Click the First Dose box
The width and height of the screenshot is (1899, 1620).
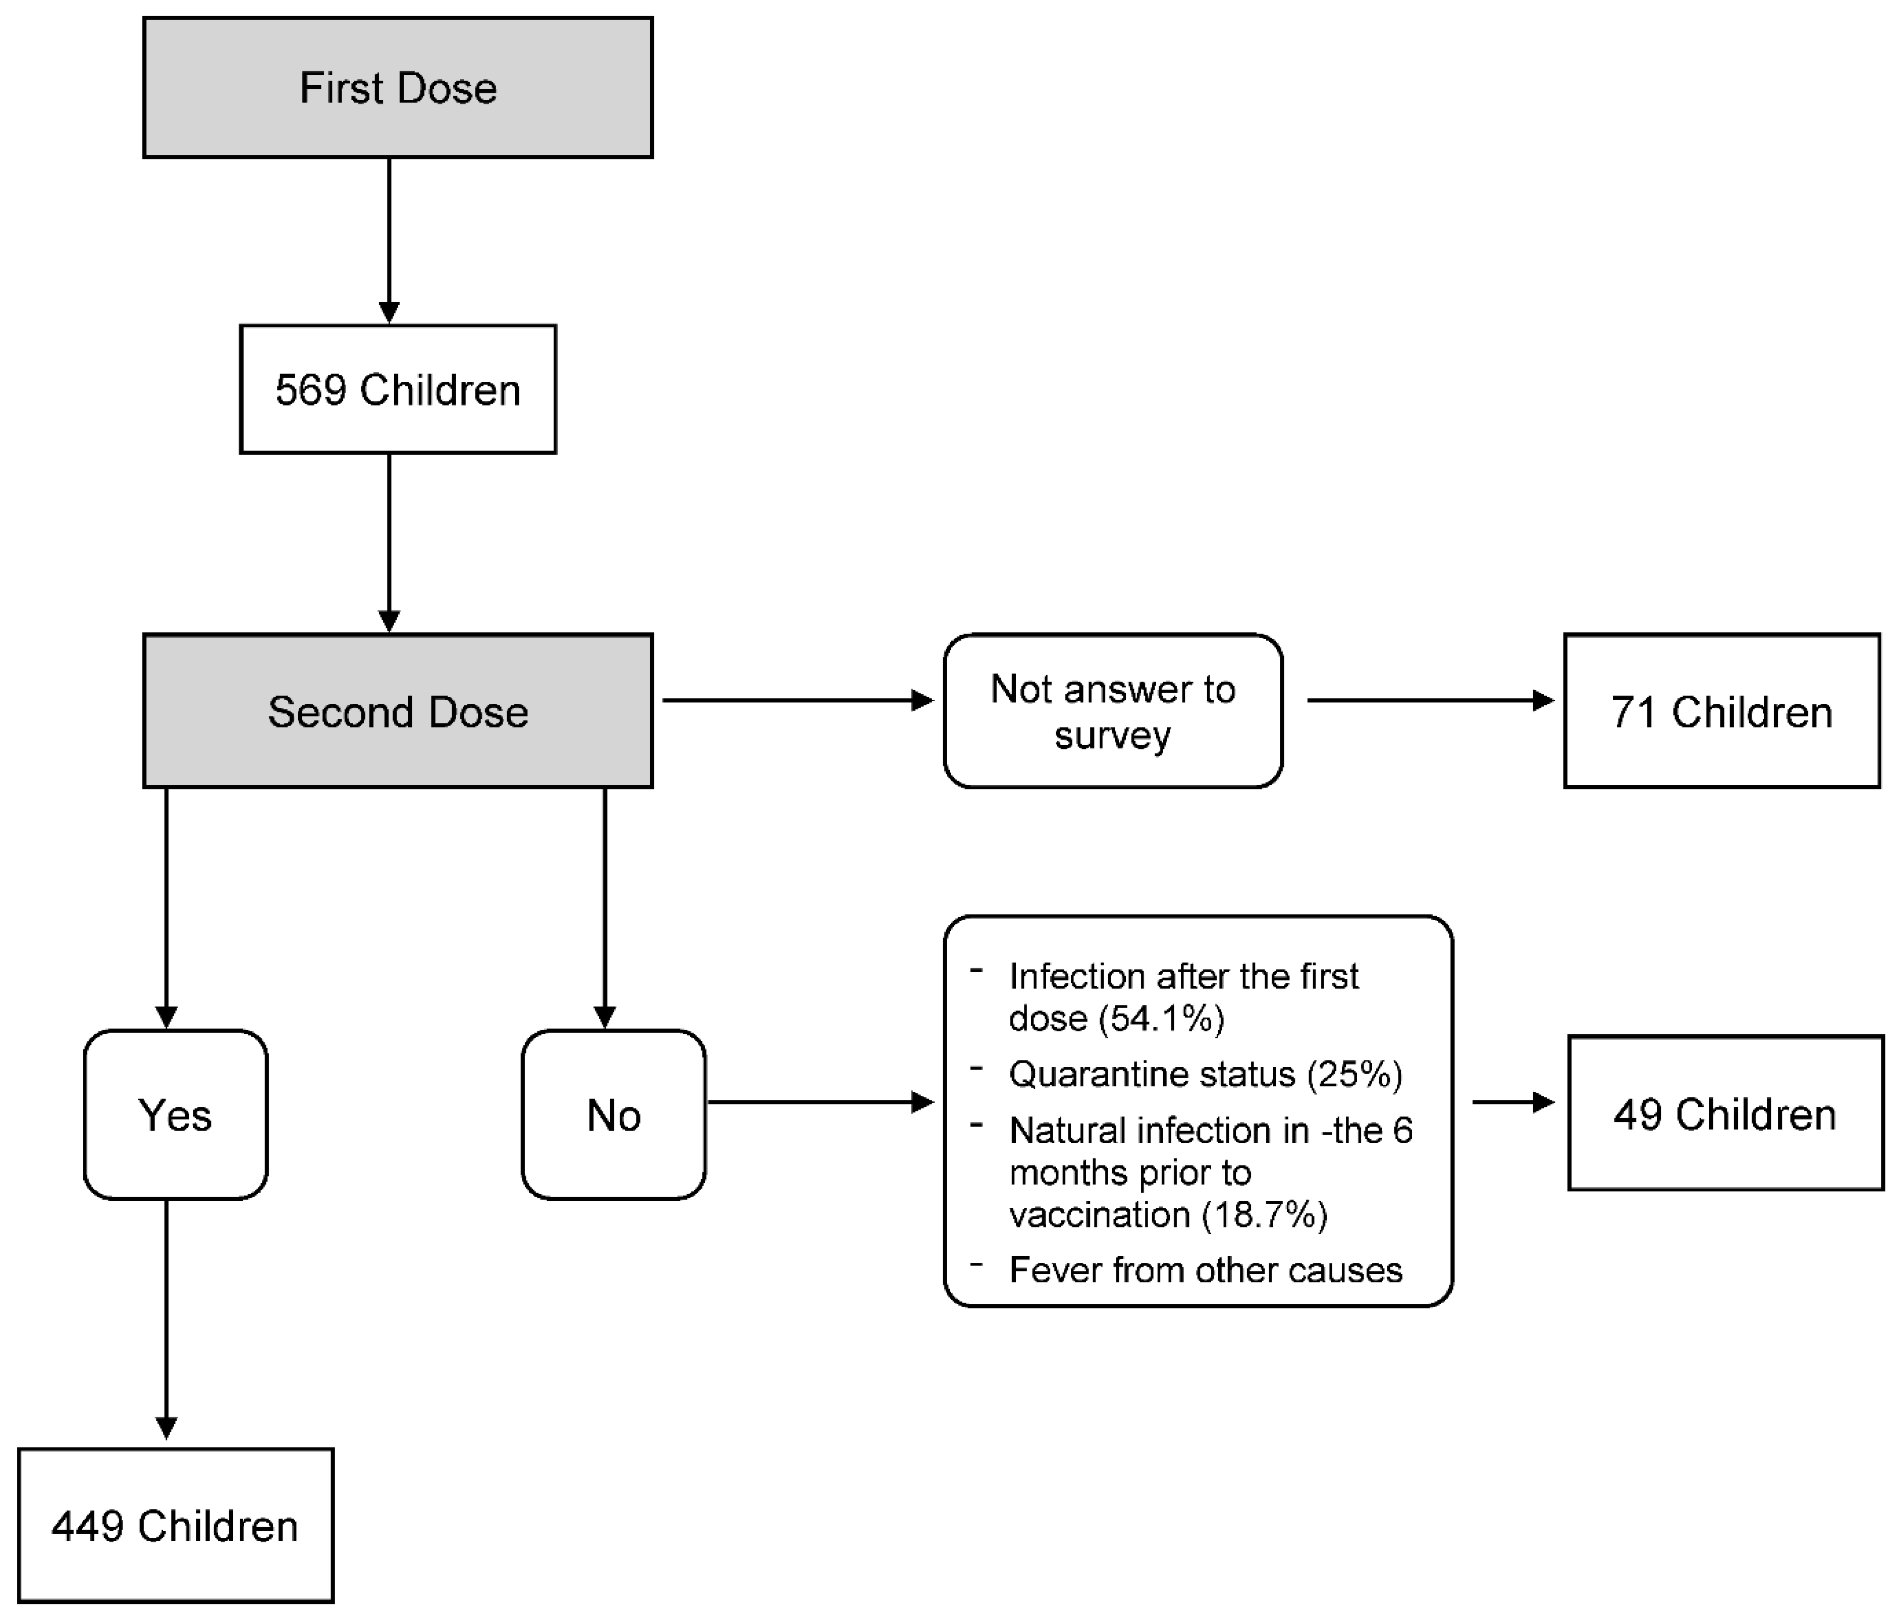[398, 88]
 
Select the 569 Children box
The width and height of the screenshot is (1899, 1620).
[398, 389]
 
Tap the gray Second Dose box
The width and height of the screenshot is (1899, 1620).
[398, 711]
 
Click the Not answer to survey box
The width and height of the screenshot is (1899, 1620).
[1113, 711]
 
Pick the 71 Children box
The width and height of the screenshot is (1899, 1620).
[1721, 711]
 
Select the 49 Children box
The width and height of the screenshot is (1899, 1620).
[1725, 1114]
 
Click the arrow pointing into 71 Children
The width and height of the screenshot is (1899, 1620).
[1430, 701]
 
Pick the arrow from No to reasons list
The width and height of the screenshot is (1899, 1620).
[820, 1102]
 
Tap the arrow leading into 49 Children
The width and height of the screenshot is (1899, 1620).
[1512, 1102]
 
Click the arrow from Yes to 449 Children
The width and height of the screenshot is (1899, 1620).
[166, 1319]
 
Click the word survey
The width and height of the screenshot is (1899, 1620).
[1112, 736]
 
